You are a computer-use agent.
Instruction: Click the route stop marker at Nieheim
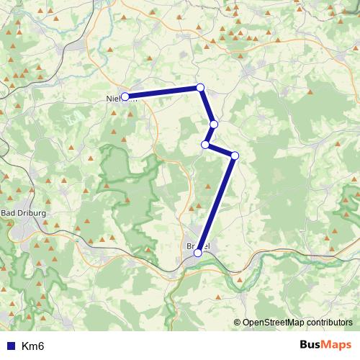point(125,96)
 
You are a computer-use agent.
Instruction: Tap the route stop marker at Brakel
point(198,253)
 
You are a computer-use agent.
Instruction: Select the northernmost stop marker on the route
point(200,88)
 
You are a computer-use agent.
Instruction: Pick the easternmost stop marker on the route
point(235,156)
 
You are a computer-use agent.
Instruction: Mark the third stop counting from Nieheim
point(214,125)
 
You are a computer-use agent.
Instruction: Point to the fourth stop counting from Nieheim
point(206,145)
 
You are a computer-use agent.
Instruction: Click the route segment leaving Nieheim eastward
point(162,92)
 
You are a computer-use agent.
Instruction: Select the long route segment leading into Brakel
point(216,204)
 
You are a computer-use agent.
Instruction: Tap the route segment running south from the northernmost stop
point(207,107)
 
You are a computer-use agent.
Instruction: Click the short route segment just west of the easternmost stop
point(220,150)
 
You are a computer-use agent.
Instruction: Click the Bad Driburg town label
point(24,213)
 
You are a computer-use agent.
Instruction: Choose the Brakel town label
point(198,246)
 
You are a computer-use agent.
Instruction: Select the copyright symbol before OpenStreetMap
point(238,323)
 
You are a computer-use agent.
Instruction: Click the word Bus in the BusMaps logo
point(311,345)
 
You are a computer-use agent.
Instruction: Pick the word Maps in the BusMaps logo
point(337,345)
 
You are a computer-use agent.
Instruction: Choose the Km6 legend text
point(33,346)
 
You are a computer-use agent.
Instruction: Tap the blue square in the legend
point(10,346)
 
